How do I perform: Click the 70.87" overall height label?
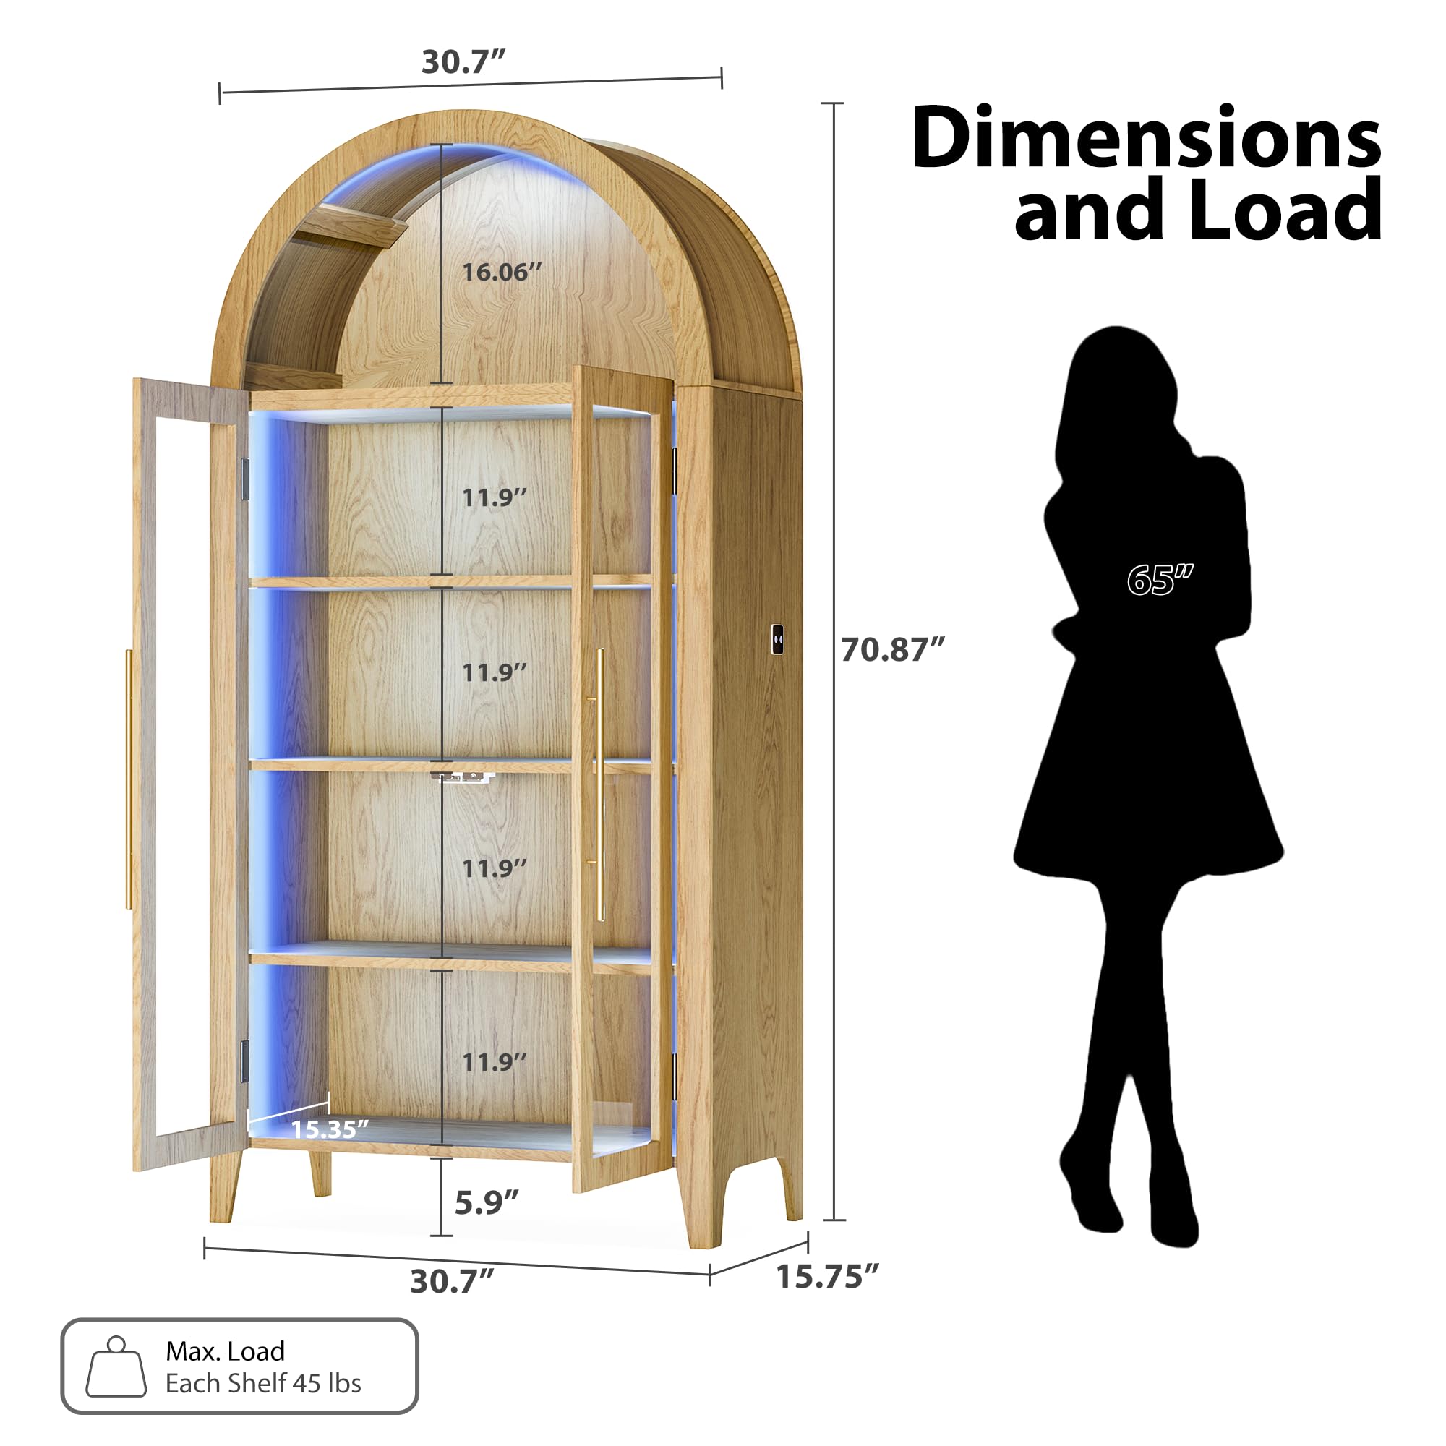(892, 650)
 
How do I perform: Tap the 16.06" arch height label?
(501, 272)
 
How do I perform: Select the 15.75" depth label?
(826, 1277)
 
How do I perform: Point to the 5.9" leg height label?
(487, 1203)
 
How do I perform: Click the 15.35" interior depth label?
(329, 1129)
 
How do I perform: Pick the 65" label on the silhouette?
(1160, 580)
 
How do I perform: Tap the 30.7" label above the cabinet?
(463, 61)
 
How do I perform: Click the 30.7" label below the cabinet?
(451, 1281)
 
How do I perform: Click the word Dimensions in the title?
(1146, 139)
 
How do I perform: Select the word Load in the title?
(1284, 210)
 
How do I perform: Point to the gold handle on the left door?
(129, 779)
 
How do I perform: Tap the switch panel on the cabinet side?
(778, 638)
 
